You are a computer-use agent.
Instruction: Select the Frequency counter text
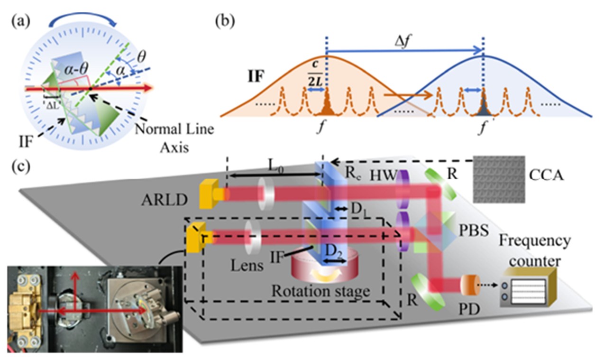click(542, 251)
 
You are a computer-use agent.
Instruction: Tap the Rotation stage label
click(320, 292)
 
